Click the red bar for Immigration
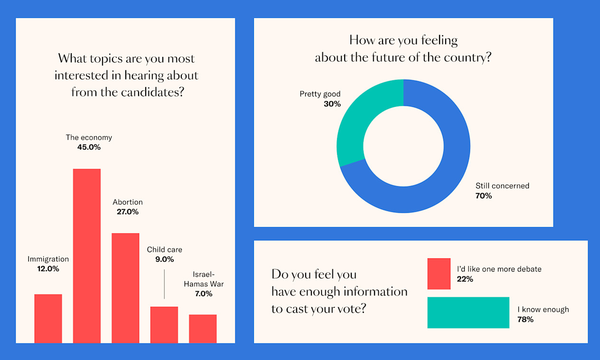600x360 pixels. pyautogui.click(x=48, y=318)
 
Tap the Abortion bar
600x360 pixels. pyautogui.click(x=125, y=288)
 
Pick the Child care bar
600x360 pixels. pyautogui.click(x=164, y=324)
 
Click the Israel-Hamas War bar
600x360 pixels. pyautogui.click(x=203, y=329)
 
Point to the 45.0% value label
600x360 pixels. pyautogui.click(x=89, y=147)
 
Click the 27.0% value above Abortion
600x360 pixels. pyautogui.click(x=128, y=212)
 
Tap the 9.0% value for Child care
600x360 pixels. pyautogui.click(x=164, y=259)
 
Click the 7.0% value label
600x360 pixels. pyautogui.click(x=203, y=294)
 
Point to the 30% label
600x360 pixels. pyautogui.click(x=332, y=104)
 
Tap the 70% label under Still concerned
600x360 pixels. pyautogui.click(x=484, y=196)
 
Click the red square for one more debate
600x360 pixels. pyautogui.click(x=439, y=274)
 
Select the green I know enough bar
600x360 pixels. pyautogui.click(x=468, y=313)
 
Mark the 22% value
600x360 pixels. pyautogui.click(x=465, y=279)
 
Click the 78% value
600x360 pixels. pyautogui.click(x=525, y=320)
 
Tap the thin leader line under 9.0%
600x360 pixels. pyautogui.click(x=164, y=284)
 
